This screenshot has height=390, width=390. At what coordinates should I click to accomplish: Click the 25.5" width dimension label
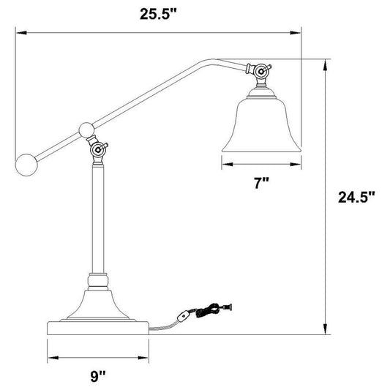pyautogui.click(x=159, y=12)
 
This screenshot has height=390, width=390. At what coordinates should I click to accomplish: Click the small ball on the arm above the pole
pyautogui.click(x=86, y=131)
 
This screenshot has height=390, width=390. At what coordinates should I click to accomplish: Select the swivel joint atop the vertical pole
pyautogui.click(x=97, y=151)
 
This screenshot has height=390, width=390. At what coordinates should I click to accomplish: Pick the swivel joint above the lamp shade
pyautogui.click(x=261, y=71)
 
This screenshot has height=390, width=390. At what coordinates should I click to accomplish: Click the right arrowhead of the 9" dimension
pyautogui.click(x=144, y=358)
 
